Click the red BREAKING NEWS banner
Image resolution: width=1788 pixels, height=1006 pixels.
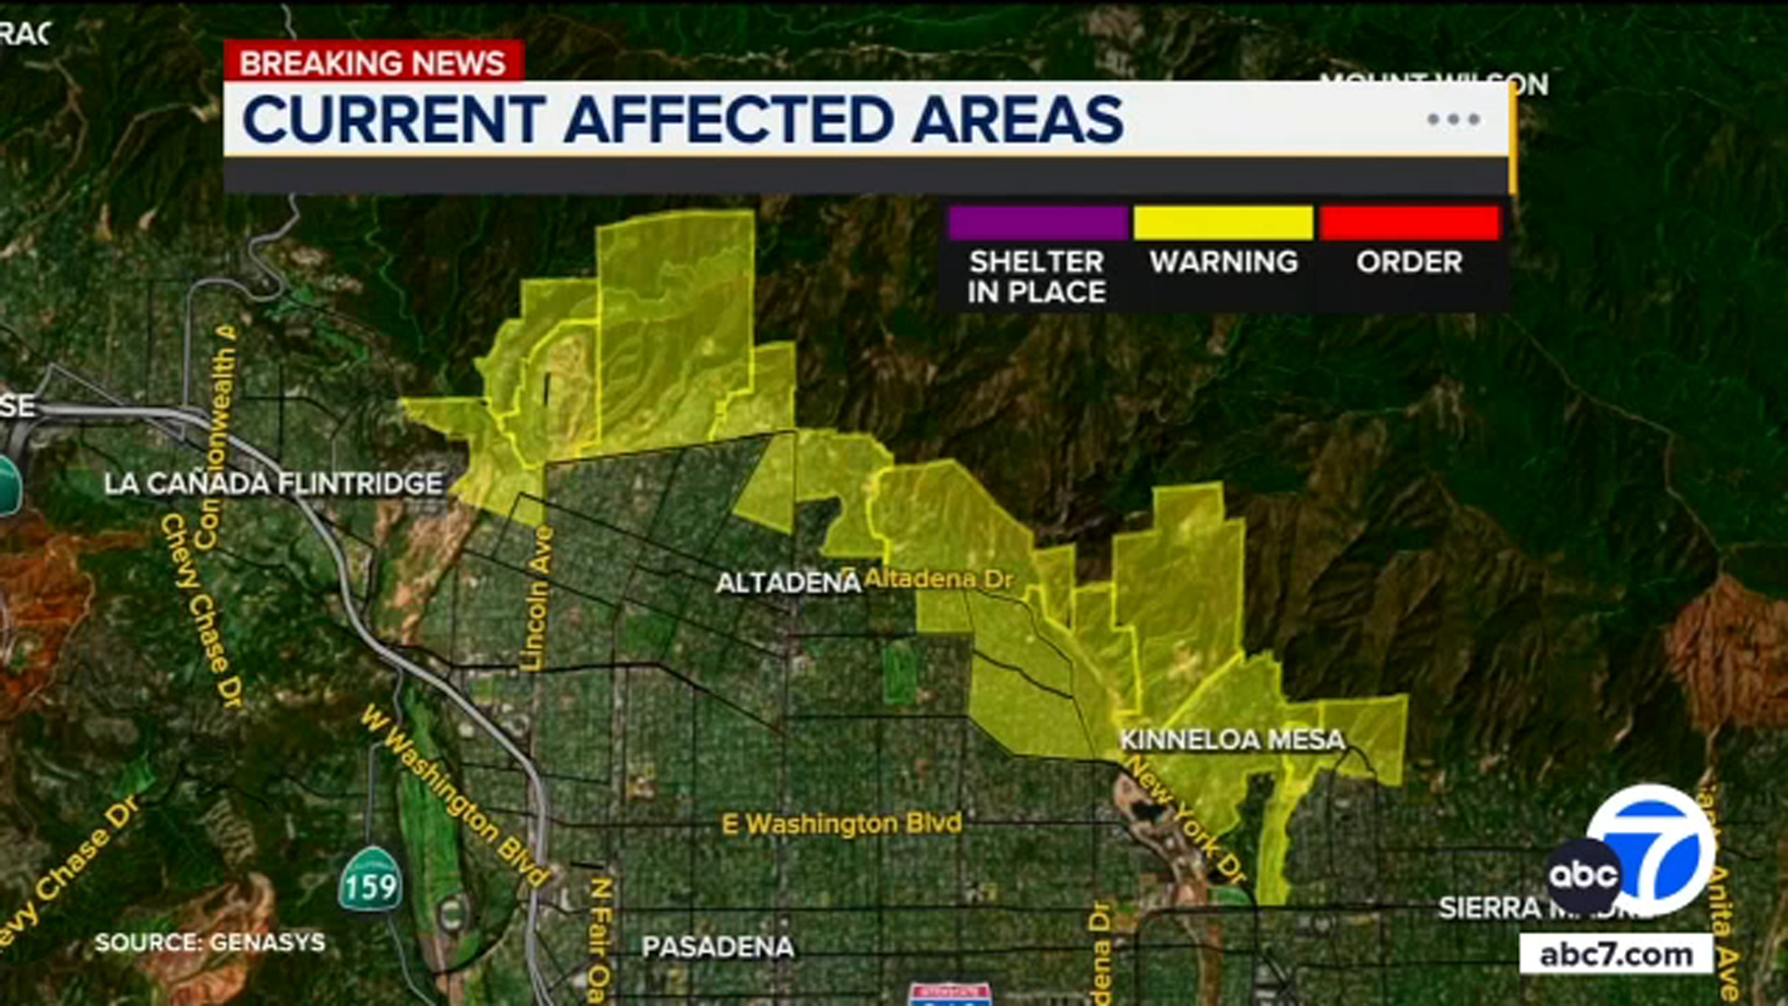pyautogui.click(x=372, y=62)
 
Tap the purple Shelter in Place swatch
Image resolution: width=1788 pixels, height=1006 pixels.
pyautogui.click(x=1037, y=224)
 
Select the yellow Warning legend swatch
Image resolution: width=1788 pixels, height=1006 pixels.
pyautogui.click(x=1223, y=224)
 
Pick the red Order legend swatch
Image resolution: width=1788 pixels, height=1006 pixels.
pyautogui.click(x=1409, y=224)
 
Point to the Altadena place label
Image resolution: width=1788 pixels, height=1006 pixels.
pyautogui.click(x=788, y=583)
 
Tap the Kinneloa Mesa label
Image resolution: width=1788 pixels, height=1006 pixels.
pyautogui.click(x=1231, y=740)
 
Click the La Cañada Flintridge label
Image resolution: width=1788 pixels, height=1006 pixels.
pyautogui.click(x=273, y=483)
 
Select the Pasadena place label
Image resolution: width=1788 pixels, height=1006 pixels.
pyautogui.click(x=717, y=947)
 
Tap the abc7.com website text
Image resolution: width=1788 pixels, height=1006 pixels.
pyautogui.click(x=1616, y=955)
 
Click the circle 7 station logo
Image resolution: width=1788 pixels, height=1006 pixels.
pyautogui.click(x=1653, y=848)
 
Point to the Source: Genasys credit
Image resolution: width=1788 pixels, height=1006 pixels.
pyautogui.click(x=210, y=942)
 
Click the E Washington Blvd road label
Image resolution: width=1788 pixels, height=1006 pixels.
pyautogui.click(x=842, y=823)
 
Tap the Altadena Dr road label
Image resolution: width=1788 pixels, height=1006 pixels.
pyautogui.click(x=938, y=578)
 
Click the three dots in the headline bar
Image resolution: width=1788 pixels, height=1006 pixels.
pyautogui.click(x=1453, y=119)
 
